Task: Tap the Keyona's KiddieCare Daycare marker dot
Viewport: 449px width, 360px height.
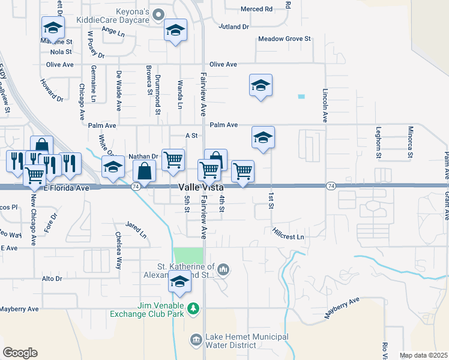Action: [x=158, y=13]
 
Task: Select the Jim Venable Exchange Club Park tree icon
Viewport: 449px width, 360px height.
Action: [x=193, y=309]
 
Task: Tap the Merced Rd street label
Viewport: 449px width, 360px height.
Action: [x=256, y=9]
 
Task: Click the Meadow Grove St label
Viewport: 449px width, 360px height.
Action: [x=284, y=39]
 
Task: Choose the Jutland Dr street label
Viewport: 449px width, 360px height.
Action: [x=234, y=27]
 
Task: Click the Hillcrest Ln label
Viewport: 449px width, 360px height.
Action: [x=288, y=233]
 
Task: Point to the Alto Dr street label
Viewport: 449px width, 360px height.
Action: [x=52, y=279]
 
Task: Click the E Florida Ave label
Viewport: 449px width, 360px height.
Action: [x=66, y=188]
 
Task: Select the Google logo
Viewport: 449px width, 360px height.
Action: [x=20, y=353]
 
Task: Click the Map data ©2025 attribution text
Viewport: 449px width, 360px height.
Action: [x=423, y=355]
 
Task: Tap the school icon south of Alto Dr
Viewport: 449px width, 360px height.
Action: [x=179, y=281]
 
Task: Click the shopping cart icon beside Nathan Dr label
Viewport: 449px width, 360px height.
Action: [x=173, y=159]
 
